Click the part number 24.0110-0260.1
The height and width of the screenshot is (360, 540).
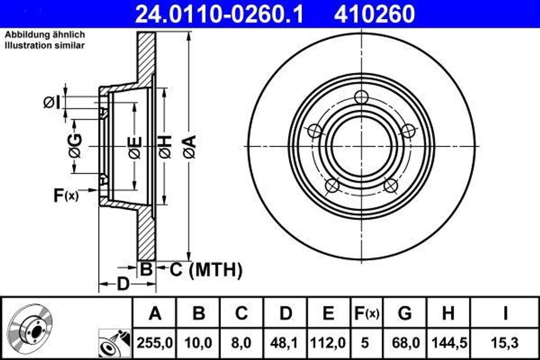(x=219, y=14)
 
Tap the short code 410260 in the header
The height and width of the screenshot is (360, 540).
(x=374, y=14)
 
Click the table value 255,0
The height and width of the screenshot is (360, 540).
(x=155, y=343)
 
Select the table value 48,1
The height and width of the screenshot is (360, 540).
(x=285, y=343)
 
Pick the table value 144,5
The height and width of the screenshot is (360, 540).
(x=448, y=343)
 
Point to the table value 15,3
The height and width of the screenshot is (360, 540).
(x=505, y=343)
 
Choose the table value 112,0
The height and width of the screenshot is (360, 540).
(x=328, y=343)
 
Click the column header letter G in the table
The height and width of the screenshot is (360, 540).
(x=404, y=314)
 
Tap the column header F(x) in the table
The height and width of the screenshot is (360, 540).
(x=365, y=314)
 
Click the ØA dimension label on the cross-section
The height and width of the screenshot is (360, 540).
(x=190, y=147)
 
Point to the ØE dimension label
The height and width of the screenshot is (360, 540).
(x=135, y=147)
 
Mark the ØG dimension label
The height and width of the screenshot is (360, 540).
(x=75, y=146)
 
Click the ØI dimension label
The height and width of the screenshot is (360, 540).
(x=52, y=102)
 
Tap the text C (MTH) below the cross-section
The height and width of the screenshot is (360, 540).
(x=206, y=270)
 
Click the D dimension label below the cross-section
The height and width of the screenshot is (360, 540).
(x=123, y=285)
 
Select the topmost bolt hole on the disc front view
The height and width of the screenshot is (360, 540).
(x=361, y=97)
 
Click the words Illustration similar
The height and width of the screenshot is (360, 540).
(x=45, y=45)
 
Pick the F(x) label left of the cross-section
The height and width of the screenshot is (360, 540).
(x=66, y=196)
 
